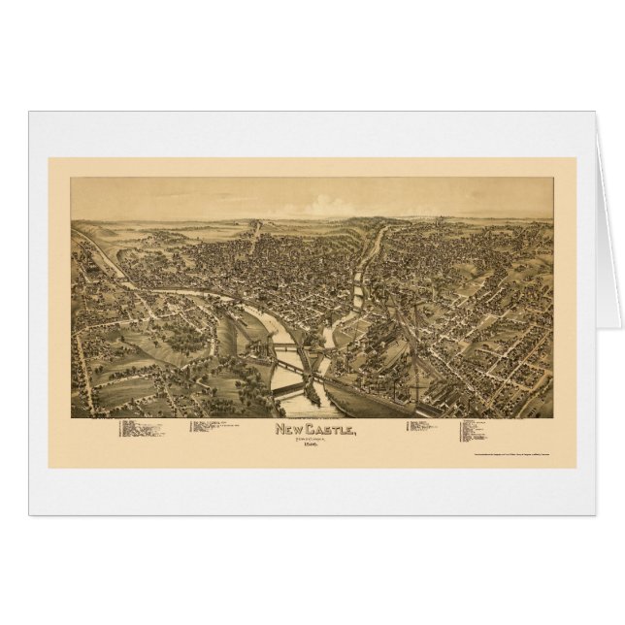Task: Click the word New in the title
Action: pyautogui.click(x=290, y=430)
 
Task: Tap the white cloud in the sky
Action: pyautogui.click(x=330, y=206)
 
